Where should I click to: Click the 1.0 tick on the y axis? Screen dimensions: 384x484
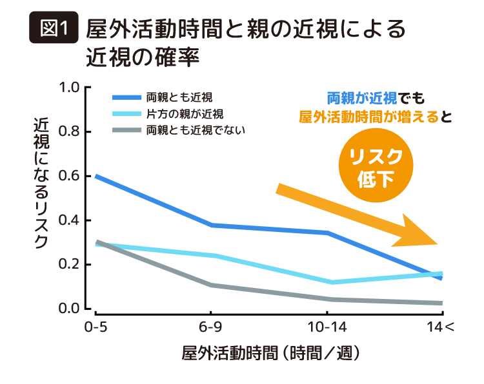point(70,88)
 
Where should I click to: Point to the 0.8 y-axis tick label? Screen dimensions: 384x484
point(70,131)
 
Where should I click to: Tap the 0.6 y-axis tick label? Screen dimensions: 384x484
point(70,176)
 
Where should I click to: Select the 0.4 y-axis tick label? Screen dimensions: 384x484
point(70,220)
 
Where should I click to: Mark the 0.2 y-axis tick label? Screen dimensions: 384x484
point(70,265)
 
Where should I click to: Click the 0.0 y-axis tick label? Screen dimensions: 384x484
point(70,309)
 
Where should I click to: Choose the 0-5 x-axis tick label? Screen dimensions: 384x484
point(96,327)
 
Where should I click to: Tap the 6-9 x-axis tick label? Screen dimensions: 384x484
point(212,327)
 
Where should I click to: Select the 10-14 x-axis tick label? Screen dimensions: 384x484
point(329,327)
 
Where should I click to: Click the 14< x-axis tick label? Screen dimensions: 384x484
point(441,327)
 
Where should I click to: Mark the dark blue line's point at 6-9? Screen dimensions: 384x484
point(212,225)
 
